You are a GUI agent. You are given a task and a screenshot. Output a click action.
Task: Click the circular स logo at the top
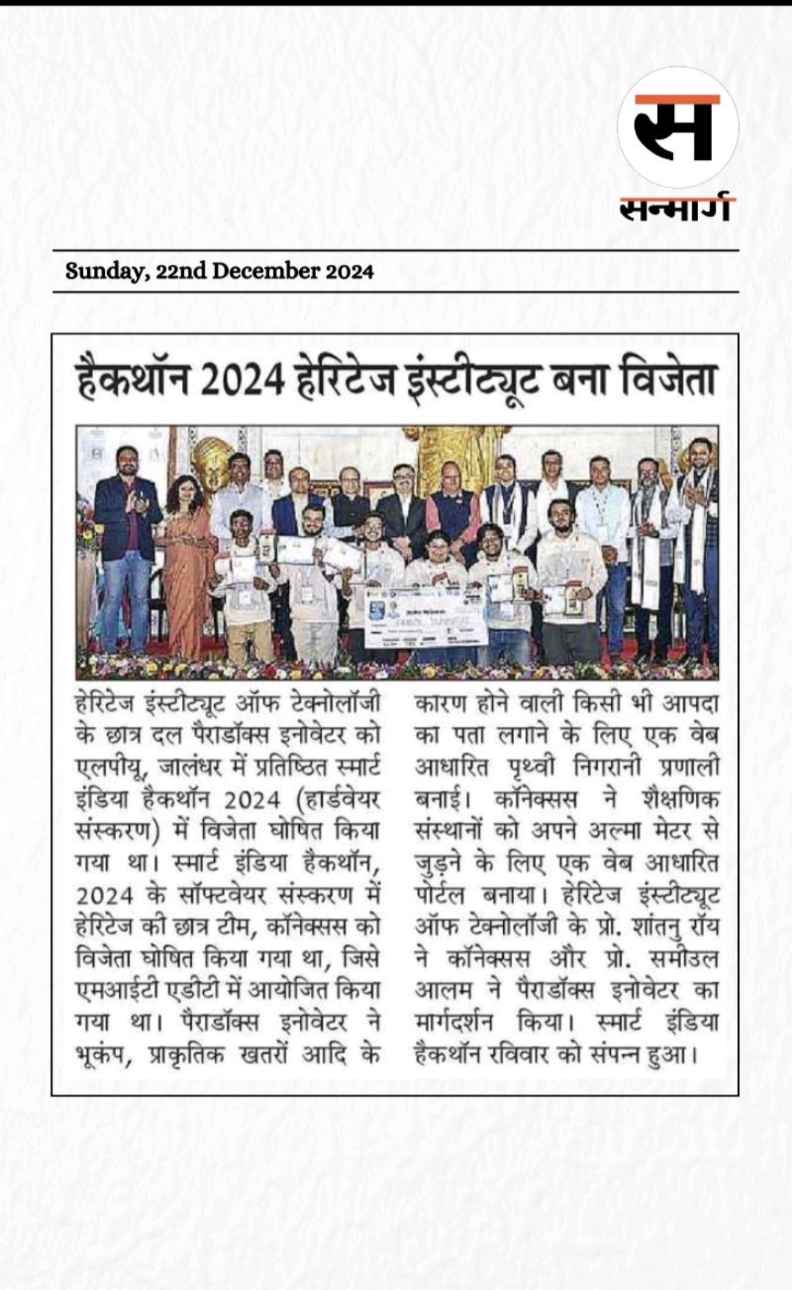(677, 128)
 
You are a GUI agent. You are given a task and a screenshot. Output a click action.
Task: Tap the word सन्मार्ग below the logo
(676, 208)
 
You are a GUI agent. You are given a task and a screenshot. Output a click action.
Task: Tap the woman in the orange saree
(184, 565)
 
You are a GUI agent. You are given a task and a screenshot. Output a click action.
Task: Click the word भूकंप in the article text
(102, 1055)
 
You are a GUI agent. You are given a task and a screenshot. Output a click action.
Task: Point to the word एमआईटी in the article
(114, 991)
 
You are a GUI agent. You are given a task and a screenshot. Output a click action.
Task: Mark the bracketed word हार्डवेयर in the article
(341, 799)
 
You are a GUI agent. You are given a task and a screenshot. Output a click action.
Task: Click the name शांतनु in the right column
(659, 927)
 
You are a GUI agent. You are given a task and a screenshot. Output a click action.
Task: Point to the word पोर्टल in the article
(439, 895)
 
